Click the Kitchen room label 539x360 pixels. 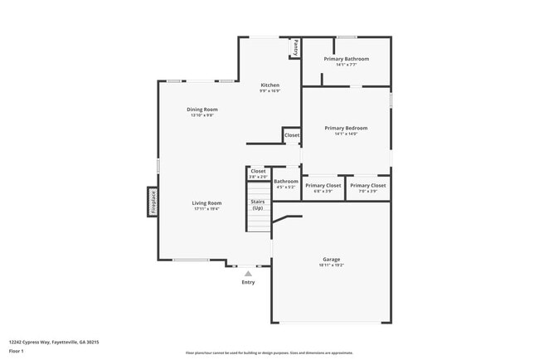click(x=270, y=85)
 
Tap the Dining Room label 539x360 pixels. click(x=202, y=109)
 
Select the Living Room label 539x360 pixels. click(x=206, y=203)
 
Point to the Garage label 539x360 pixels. click(x=332, y=259)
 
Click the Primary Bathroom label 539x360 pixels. click(x=346, y=59)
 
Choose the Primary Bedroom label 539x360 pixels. click(x=346, y=128)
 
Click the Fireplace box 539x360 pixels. click(x=153, y=202)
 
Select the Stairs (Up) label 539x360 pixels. click(x=258, y=204)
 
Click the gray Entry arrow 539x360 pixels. click(x=248, y=272)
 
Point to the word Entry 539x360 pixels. click(x=248, y=282)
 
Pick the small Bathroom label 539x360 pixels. click(x=286, y=181)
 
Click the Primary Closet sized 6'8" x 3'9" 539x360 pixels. click(x=323, y=186)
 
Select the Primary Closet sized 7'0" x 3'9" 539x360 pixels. click(x=368, y=186)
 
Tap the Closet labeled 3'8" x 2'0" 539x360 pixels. click(x=259, y=171)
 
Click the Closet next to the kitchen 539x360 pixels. click(x=292, y=135)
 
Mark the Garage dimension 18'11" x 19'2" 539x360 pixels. click(x=332, y=265)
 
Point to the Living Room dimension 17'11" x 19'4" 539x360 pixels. click(x=206, y=209)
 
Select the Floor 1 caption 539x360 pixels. click(x=17, y=351)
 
